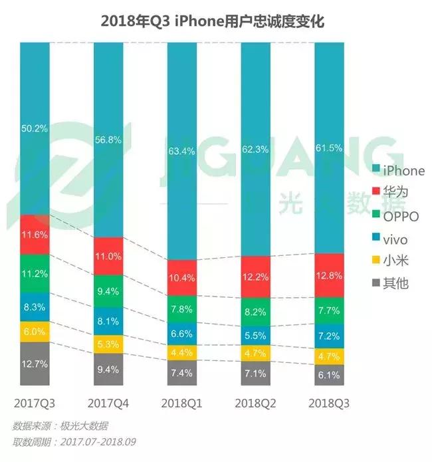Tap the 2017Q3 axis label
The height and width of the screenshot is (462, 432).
[35, 404]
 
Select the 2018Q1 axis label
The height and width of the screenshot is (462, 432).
[182, 404]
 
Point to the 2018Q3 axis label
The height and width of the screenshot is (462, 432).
[329, 404]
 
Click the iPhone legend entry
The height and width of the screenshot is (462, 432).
[397, 171]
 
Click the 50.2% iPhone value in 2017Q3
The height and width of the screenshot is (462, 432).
[35, 129]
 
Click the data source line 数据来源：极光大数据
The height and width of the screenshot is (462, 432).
[60, 425]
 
